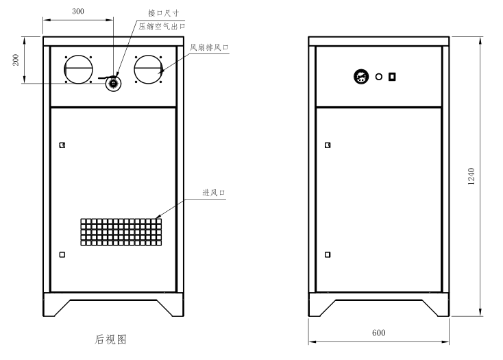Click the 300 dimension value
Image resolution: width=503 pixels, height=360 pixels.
tap(78, 12)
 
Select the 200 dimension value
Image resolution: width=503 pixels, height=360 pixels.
tap(16, 60)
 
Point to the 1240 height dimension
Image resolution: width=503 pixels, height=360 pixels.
tap(472, 176)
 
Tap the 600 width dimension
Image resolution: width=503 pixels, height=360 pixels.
tap(378, 333)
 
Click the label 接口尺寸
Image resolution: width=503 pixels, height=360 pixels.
tap(162, 13)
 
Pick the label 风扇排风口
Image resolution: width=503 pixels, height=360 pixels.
tap(208, 47)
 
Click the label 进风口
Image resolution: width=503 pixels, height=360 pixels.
tap(214, 193)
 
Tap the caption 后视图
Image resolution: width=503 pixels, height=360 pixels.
tap(110, 339)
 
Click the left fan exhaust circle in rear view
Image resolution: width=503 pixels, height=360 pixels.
tap(78, 70)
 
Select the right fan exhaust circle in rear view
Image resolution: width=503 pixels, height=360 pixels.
tap(149, 70)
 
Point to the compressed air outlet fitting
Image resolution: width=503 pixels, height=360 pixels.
tap(112, 83)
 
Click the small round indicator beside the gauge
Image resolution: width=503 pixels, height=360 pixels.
tap(378, 77)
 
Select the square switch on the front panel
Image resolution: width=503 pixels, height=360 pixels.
tap(393, 76)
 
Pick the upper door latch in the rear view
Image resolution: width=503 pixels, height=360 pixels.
tap(62, 145)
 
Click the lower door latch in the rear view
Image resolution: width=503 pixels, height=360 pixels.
tap(62, 254)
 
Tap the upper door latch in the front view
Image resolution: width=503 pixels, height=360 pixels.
tap(328, 145)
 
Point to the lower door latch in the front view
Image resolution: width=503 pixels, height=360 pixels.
tap(328, 254)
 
